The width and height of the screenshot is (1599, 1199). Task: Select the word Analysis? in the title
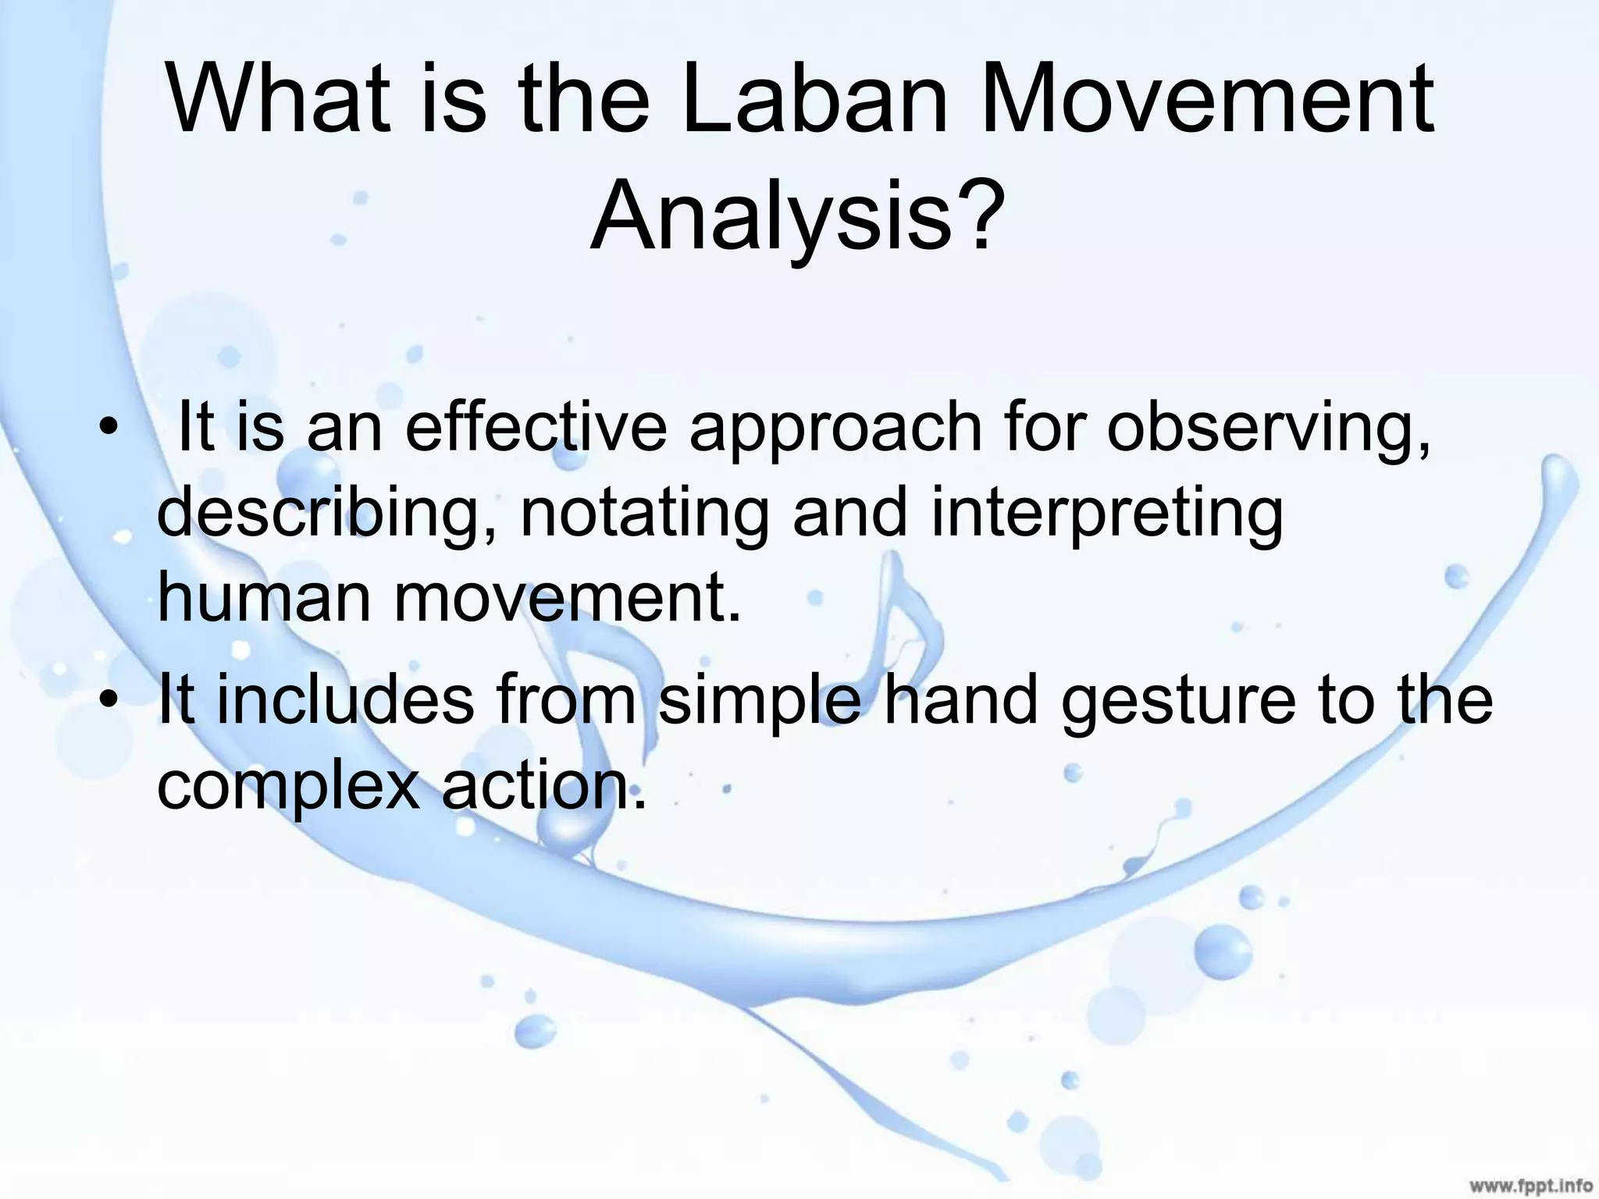tap(796, 215)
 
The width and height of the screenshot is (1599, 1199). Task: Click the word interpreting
tap(1107, 516)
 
